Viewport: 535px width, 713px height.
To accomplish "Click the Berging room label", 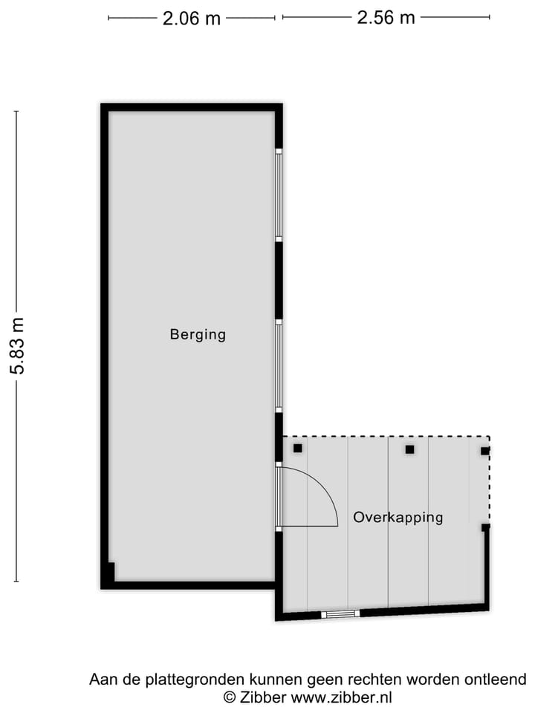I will [198, 334].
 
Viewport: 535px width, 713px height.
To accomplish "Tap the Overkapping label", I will [398, 518].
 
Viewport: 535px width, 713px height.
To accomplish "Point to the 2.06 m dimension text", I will [192, 19].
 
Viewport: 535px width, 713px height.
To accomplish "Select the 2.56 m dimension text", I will [386, 18].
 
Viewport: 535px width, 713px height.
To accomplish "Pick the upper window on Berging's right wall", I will [279, 195].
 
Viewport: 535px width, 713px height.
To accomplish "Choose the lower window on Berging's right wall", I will [279, 365].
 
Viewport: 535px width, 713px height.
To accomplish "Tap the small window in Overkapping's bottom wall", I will [340, 614].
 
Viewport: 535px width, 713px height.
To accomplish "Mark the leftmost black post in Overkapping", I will [298, 448].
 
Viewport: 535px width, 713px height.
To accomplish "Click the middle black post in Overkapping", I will [409, 449].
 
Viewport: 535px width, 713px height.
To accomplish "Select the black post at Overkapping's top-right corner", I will [485, 451].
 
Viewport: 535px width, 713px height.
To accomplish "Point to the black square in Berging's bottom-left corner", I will [110, 573].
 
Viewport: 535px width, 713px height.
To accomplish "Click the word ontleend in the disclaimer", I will [499, 679].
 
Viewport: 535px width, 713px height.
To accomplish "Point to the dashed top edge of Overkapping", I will [386, 437].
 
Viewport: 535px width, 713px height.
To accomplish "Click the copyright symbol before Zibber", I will [230, 697].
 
